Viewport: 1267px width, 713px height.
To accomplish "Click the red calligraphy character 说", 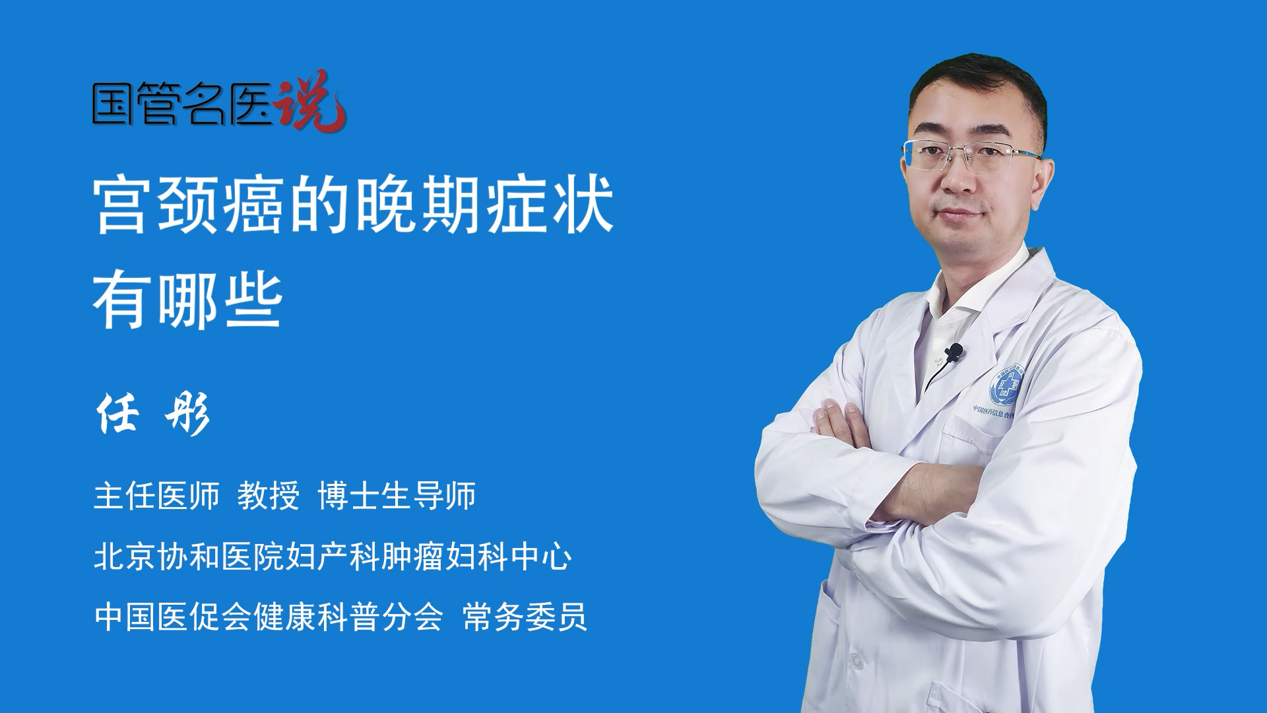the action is [310, 102].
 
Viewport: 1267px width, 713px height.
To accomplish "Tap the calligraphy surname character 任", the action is [118, 413].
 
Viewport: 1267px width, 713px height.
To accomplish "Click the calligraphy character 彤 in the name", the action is [188, 414].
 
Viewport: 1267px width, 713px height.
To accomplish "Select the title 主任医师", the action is [156, 496].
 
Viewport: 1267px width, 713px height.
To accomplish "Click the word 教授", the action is [269, 496].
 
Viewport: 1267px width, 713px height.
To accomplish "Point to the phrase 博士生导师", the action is [397, 496].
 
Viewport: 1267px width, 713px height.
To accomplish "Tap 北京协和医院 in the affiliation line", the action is [189, 557].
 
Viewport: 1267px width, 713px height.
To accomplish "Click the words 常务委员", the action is [525, 617].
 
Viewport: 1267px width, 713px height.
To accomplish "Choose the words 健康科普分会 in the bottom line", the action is [348, 617].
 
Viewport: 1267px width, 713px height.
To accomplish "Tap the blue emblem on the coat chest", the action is [1003, 386].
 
